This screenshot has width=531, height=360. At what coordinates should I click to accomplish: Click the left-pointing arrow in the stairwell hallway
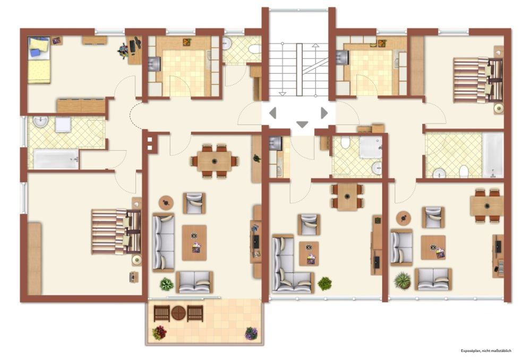[x=272, y=113]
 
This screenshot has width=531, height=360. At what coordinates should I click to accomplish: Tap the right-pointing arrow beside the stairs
[x=324, y=113]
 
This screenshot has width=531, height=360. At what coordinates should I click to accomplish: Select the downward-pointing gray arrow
[x=302, y=125]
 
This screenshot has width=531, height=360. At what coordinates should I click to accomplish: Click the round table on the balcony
[x=178, y=313]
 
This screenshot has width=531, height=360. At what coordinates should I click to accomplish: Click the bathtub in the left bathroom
[x=56, y=159]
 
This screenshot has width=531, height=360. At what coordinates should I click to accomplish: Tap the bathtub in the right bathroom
[x=492, y=155]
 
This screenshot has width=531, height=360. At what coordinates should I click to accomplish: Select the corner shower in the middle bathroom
[x=371, y=147]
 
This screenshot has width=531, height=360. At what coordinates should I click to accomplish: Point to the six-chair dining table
[x=215, y=160]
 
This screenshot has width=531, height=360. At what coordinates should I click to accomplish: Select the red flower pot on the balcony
[x=159, y=333]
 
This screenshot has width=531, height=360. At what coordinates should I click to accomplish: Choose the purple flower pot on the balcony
[x=251, y=333]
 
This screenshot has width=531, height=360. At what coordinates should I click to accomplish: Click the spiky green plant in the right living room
[x=402, y=280]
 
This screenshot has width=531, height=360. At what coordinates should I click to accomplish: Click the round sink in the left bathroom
[x=40, y=122]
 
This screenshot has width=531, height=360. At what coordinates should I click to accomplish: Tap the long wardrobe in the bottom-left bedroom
[x=35, y=259]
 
